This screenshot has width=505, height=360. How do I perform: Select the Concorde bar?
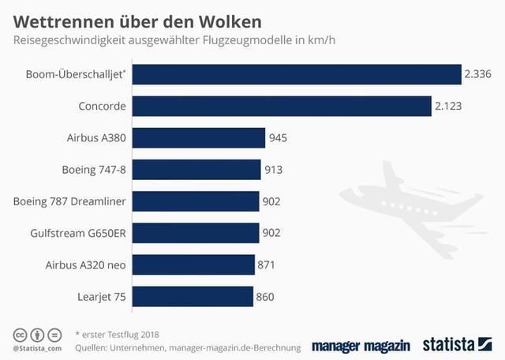click(x=281, y=106)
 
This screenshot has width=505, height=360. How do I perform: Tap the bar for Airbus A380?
click(x=198, y=138)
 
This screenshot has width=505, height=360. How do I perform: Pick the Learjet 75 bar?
click(x=193, y=297)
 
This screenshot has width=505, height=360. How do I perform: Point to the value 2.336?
click(x=479, y=74)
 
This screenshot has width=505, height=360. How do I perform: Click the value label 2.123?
click(x=451, y=106)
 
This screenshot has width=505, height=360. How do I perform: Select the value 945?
click(x=278, y=138)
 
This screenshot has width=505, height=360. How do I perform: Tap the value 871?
click(x=267, y=265)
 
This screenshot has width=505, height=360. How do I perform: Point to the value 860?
click(x=265, y=297)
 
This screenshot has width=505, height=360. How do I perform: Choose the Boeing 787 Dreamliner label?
click(x=69, y=201)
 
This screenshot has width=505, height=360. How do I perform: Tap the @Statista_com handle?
click(x=37, y=347)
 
